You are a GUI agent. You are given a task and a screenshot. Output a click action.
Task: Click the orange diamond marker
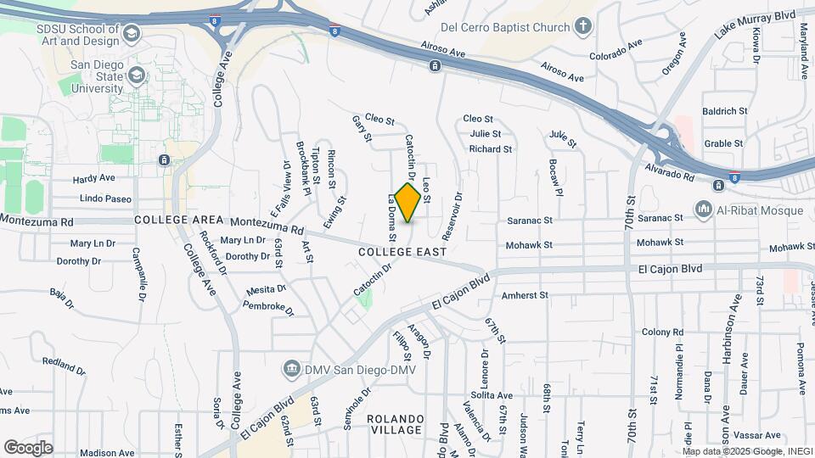(407, 203)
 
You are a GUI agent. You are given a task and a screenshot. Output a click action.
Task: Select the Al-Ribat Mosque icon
(703, 209)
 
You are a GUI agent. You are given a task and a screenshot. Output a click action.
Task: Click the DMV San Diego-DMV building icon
(290, 368)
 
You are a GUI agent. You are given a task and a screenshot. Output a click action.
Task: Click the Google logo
(29, 447)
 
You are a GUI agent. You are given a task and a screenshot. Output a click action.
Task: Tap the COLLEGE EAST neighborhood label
(402, 252)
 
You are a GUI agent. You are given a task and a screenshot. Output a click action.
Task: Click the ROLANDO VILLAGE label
(395, 424)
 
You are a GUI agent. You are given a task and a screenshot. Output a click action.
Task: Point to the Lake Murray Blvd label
(756, 24)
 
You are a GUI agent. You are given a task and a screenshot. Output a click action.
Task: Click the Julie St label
(485, 133)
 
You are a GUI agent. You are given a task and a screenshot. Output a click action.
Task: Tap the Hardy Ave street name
(93, 179)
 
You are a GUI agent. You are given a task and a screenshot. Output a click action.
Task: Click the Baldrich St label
(724, 111)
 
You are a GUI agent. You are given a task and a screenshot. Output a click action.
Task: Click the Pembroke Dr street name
(267, 309)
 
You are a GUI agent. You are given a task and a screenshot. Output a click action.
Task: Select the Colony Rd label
(663, 332)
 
